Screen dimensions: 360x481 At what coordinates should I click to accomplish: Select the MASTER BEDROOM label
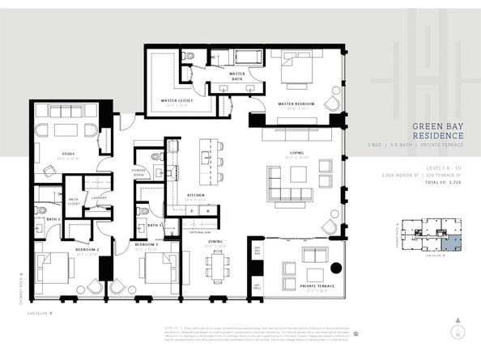[x=296, y=104]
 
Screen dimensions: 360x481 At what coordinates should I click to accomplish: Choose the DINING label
[x=216, y=241]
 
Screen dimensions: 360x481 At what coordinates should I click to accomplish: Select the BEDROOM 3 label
[x=145, y=244]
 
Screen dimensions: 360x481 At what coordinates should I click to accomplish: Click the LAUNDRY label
[x=100, y=197]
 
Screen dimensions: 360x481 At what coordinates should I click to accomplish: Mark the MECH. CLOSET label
[x=74, y=201]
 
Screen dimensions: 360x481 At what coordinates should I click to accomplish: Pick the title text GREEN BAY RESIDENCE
[x=437, y=132]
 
